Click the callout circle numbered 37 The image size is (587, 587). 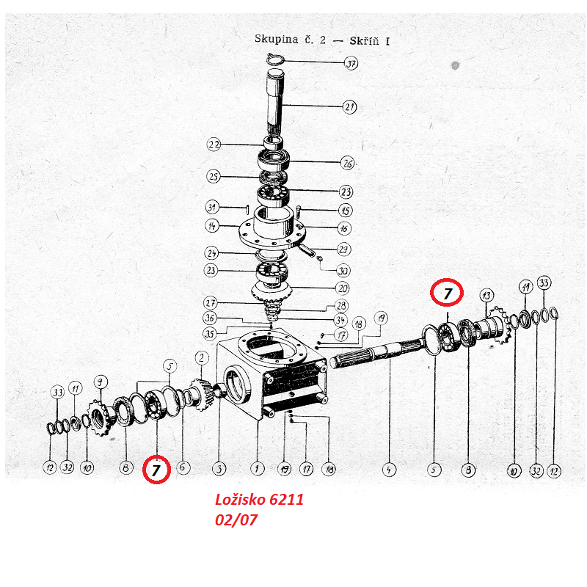(351, 63)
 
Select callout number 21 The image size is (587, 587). (349, 107)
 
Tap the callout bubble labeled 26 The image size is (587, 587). (347, 163)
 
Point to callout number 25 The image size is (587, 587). (214, 176)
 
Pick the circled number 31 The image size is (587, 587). (212, 207)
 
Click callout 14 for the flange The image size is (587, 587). (212, 226)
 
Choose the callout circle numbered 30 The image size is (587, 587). (343, 270)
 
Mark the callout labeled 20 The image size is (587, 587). (343, 288)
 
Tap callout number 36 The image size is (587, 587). (210, 318)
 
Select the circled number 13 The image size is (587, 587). (486, 296)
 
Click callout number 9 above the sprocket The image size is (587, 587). (100, 382)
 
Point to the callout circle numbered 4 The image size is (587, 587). (389, 470)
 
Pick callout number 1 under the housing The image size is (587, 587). (258, 468)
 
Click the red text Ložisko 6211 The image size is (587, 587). (259, 500)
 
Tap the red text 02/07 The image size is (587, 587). (236, 520)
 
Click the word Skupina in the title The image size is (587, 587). (277, 39)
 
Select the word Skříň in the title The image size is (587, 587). (365, 40)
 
